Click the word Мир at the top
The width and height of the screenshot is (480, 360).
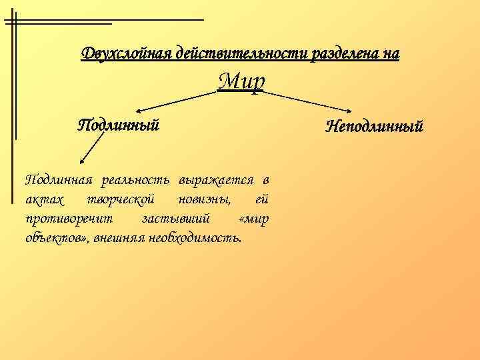tap(241, 81)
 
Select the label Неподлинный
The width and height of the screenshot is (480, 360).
tap(374, 126)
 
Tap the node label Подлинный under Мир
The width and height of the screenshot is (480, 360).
tap(119, 125)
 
